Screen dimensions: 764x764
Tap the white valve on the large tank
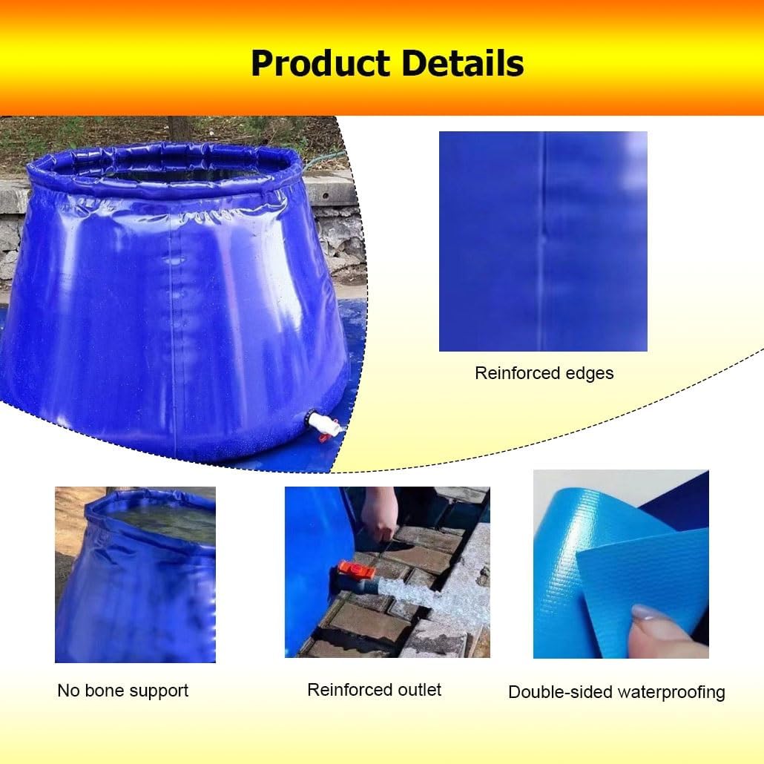(x=323, y=425)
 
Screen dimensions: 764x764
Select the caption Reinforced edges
(x=544, y=373)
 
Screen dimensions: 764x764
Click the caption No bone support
(x=122, y=691)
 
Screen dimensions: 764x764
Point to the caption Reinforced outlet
(x=374, y=690)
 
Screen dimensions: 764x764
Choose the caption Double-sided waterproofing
(x=616, y=693)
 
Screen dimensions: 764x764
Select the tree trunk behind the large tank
(x=179, y=129)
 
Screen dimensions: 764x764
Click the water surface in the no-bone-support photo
(x=159, y=519)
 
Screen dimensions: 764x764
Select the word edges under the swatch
(x=590, y=373)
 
